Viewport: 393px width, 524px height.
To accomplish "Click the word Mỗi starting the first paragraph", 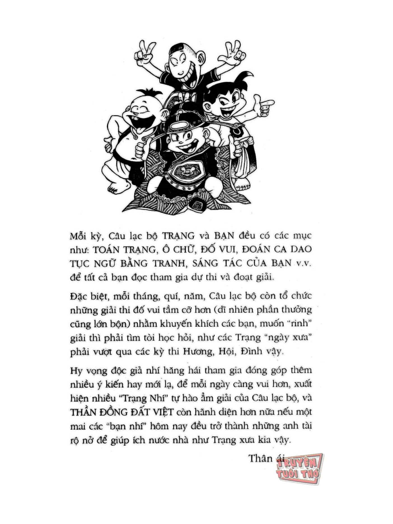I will (78, 236).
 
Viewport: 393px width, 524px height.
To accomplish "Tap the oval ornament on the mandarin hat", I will (179, 125).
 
